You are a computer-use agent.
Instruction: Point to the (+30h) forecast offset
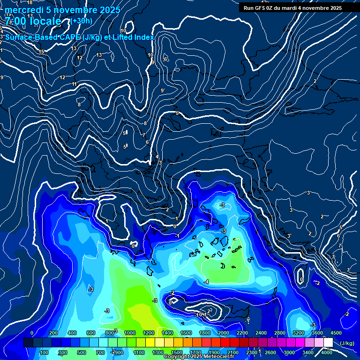pos(82,21)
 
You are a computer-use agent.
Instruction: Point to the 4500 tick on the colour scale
pos(336,332)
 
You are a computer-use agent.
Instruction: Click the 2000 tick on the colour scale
pos(223,332)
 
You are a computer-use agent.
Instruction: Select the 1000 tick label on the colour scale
pos(130,332)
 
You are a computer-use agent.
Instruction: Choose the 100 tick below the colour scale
pos(44,352)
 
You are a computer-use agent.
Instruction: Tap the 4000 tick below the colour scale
pos(327,352)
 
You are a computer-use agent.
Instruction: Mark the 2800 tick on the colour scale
pos(280,332)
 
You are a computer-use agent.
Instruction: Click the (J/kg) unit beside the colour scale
pos(347,343)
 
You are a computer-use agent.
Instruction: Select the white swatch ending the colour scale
pos(328,343)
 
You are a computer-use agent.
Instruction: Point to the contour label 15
pos(41,52)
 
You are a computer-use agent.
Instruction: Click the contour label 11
pos(74,84)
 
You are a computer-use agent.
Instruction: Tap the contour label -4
pos(206,281)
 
